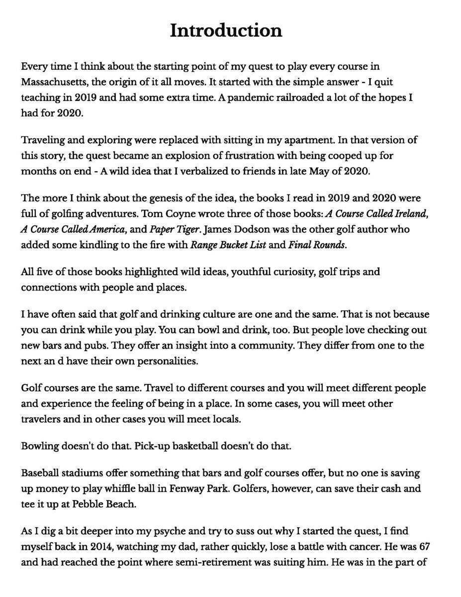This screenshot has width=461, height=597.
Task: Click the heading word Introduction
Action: [x=226, y=31]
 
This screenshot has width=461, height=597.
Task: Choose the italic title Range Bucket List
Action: [x=228, y=245]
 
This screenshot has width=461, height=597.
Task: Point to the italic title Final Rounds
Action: [x=316, y=245]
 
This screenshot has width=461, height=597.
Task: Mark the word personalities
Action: [x=166, y=361]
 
